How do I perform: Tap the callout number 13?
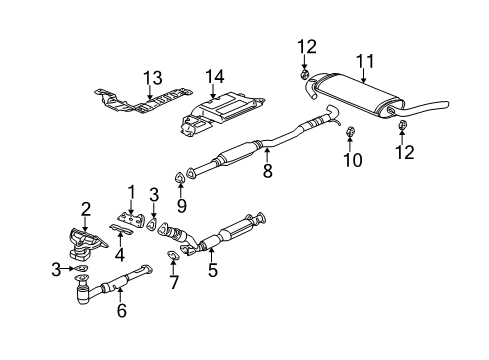click(x=151, y=78)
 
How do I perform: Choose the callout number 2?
click(x=86, y=208)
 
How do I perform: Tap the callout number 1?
click(x=130, y=191)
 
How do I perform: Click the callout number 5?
click(x=211, y=268)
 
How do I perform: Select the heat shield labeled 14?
click(x=222, y=118)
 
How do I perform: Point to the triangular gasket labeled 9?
click(x=179, y=178)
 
